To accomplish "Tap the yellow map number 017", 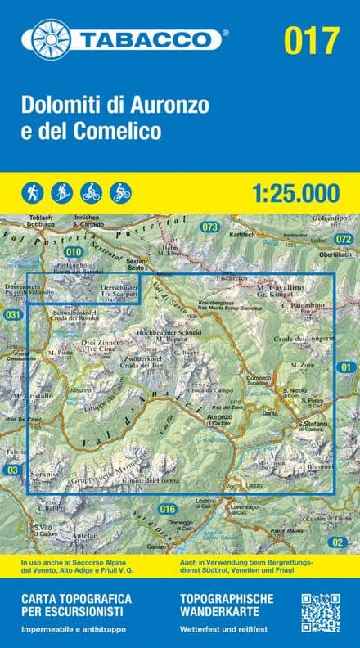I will (x=311, y=39).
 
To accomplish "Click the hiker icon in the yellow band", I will (x=34, y=192).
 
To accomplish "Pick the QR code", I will (x=321, y=612).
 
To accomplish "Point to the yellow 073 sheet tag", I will (x=210, y=227).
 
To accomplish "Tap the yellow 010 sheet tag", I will (x=74, y=252).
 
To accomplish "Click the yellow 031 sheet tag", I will (x=11, y=315).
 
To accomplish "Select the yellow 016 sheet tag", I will (x=169, y=509).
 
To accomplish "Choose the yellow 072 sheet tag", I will (x=344, y=239).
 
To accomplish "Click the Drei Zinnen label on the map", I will (x=101, y=341).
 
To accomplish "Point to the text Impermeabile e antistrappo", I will (x=70, y=628).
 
